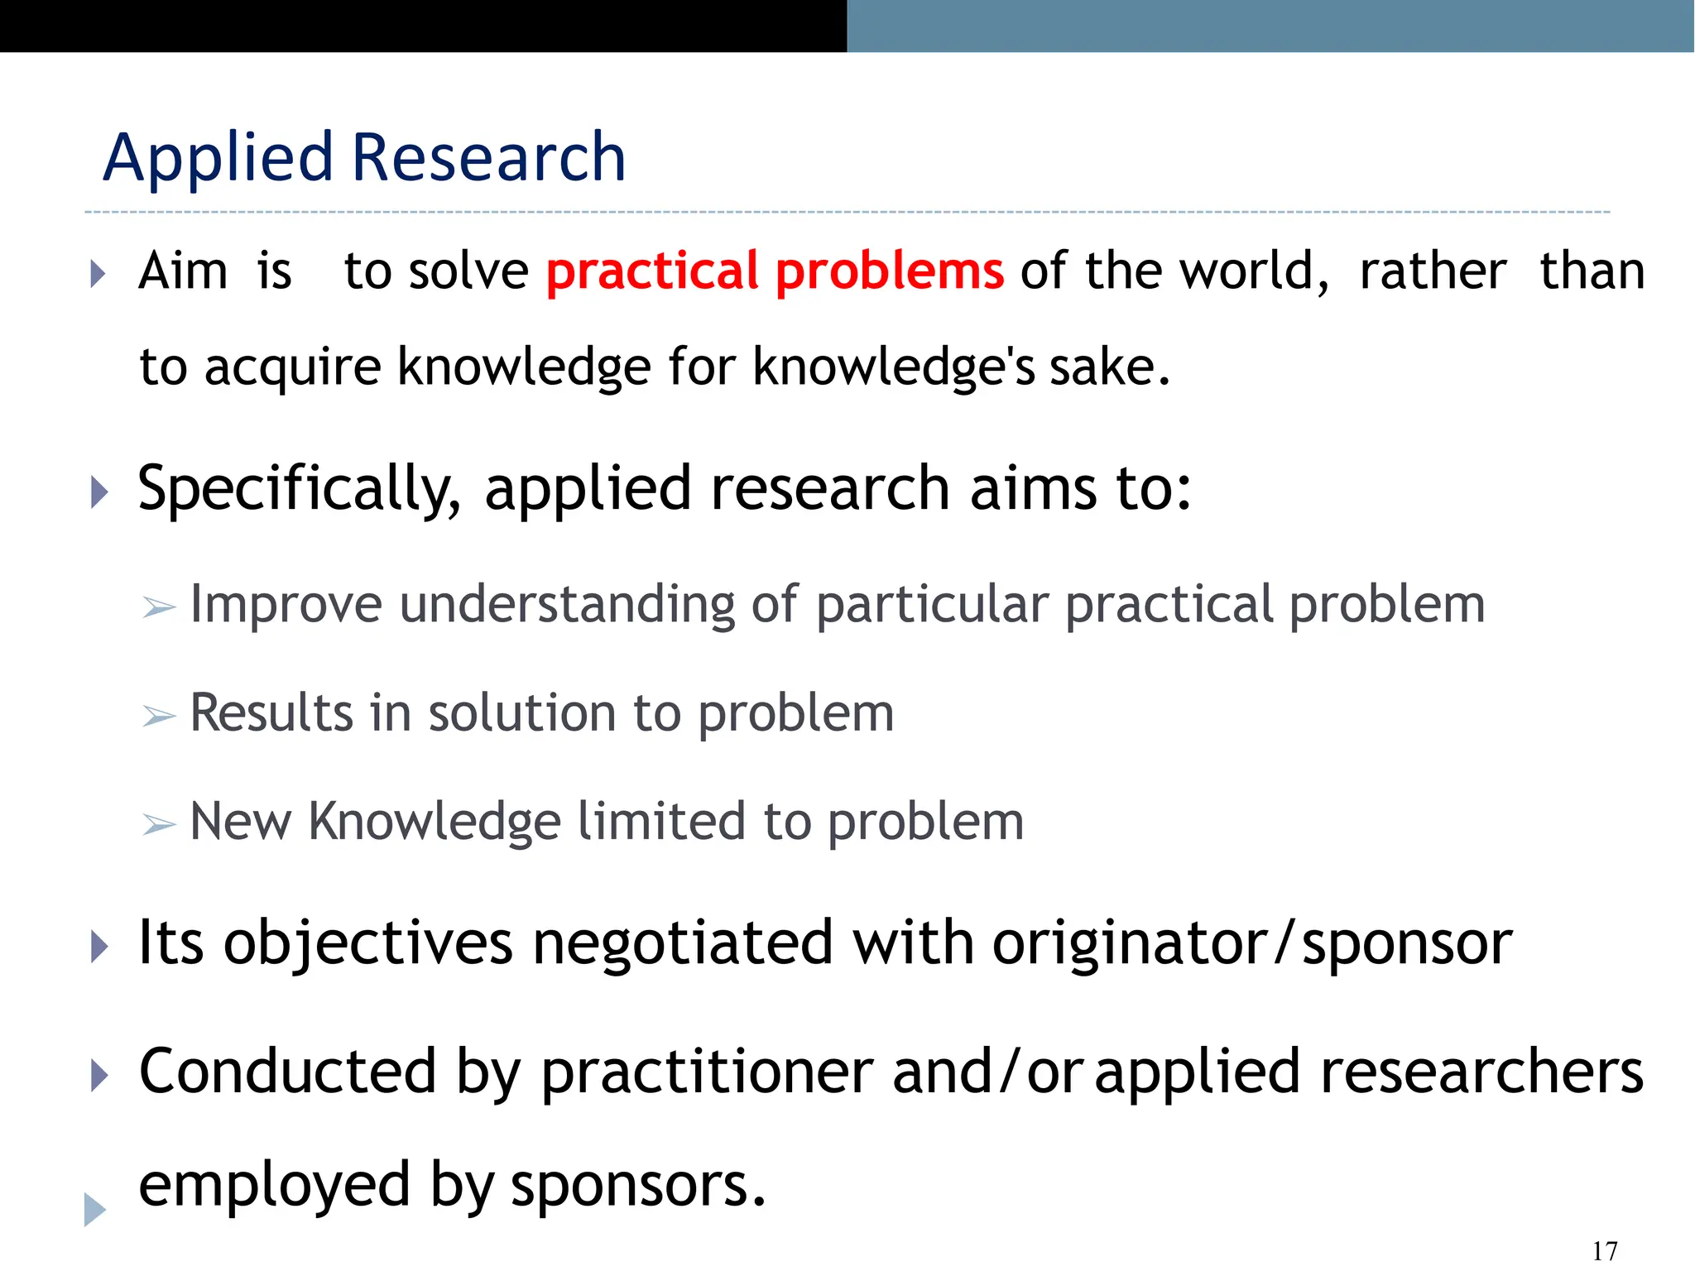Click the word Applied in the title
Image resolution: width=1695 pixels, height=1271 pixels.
(218, 158)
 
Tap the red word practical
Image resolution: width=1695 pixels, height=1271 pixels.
(652, 271)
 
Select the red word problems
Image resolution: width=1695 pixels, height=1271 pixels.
(890, 271)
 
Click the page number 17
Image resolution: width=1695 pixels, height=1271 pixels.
(1604, 1250)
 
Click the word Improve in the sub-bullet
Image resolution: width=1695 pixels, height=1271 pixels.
(286, 604)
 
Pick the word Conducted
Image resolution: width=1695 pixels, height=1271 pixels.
(287, 1072)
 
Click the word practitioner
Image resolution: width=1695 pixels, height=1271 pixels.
(707, 1073)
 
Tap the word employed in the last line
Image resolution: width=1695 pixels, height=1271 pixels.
(274, 1185)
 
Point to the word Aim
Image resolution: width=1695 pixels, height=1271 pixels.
(183, 271)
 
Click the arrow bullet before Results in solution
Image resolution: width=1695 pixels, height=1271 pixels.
(158, 716)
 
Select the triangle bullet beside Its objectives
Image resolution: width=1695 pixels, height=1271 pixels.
(99, 947)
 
